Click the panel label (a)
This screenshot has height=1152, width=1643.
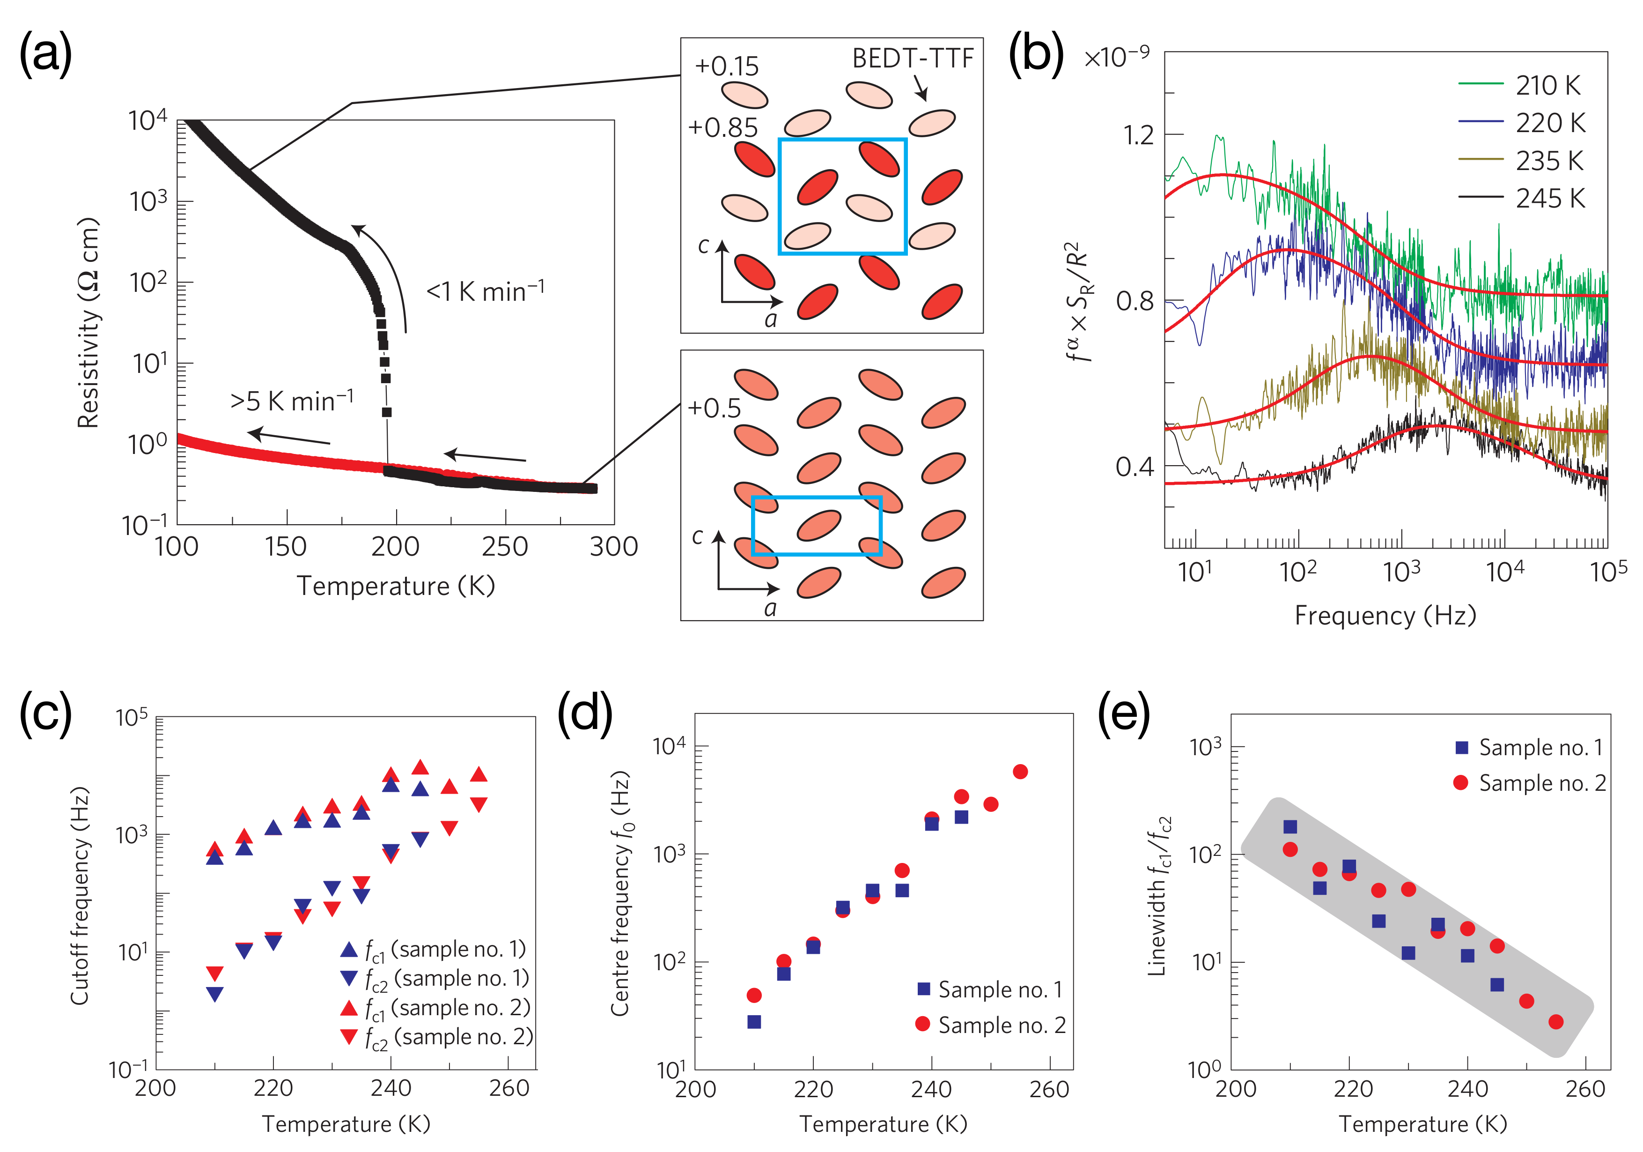coord(45,54)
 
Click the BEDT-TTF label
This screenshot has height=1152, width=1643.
coord(913,59)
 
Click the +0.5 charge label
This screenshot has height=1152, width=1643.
coord(714,408)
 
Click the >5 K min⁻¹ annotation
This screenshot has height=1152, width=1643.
coord(292,401)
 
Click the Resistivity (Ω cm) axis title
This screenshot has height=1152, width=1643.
coord(88,322)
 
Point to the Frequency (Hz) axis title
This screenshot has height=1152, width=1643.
coord(1385,616)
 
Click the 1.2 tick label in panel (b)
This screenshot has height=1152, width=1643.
coord(1138,134)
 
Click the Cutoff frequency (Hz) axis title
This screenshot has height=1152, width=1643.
coord(80,895)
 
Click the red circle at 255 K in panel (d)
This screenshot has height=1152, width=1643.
coord(1020,771)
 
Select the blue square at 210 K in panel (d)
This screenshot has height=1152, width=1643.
coord(753,1022)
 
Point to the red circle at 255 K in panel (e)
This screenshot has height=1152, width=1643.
coord(1556,1022)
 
